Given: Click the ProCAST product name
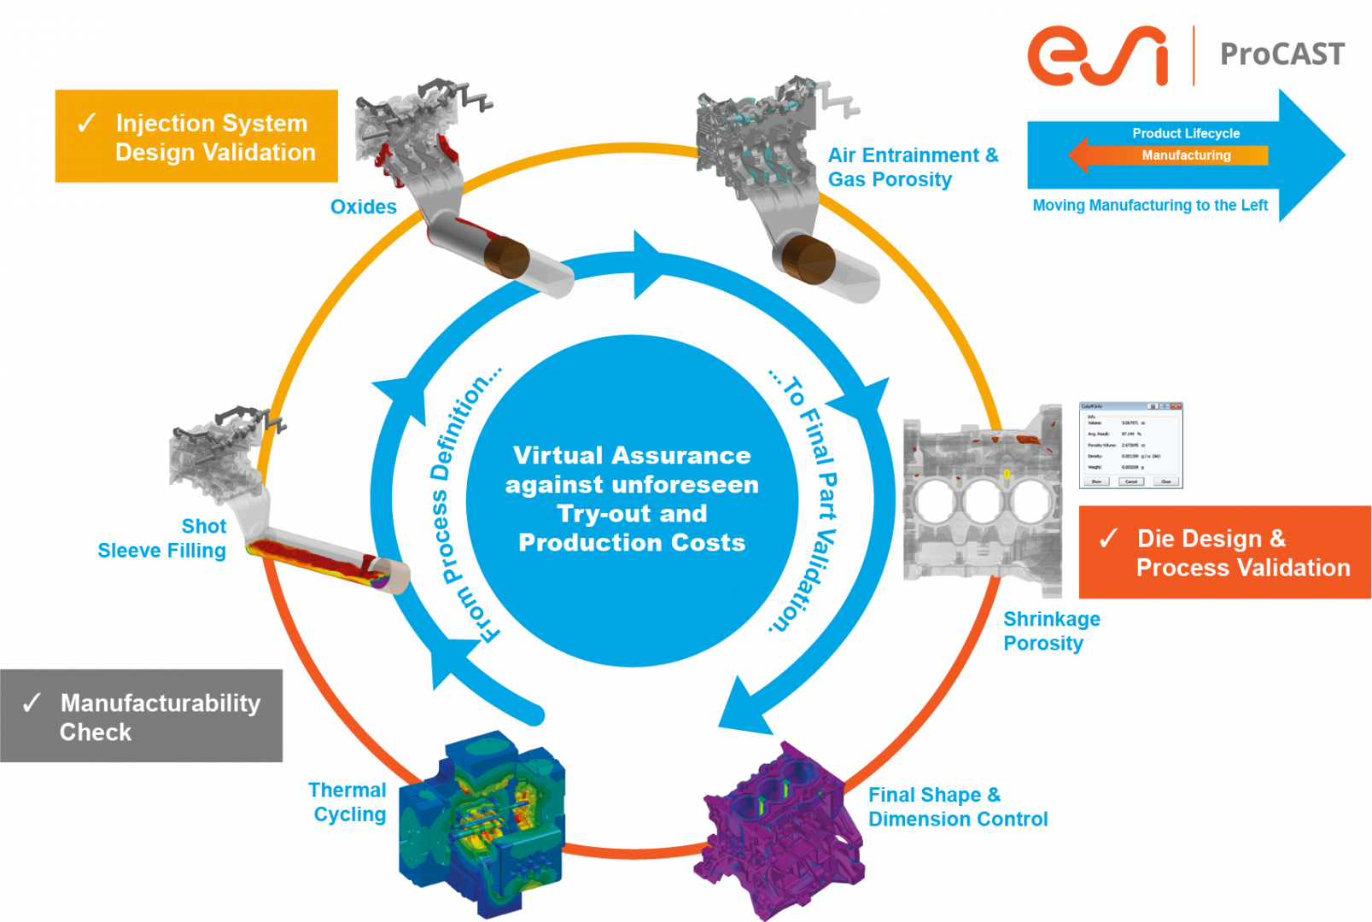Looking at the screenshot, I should click(1282, 55).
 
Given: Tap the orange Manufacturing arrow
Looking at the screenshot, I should click(1170, 155).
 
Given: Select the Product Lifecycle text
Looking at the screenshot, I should click(1185, 133).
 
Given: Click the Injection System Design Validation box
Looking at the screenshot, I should click(196, 137).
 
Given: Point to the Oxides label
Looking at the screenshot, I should click(364, 207).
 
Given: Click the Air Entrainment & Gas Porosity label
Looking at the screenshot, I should click(912, 167).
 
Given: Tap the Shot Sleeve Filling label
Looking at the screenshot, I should click(162, 538).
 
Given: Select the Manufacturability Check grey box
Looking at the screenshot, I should click(142, 715).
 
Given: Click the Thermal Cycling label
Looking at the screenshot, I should click(348, 802).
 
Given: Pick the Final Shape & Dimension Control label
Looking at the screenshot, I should click(957, 807).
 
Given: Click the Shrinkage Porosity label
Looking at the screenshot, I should click(1051, 631).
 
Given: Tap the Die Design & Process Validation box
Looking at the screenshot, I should click(1225, 553).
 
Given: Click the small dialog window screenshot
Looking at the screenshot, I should click(1130, 445).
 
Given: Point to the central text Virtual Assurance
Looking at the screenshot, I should click(632, 456).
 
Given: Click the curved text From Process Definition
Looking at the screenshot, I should click(465, 504).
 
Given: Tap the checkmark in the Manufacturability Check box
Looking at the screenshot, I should click(32, 703).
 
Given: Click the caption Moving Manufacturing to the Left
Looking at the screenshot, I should click(1150, 206).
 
